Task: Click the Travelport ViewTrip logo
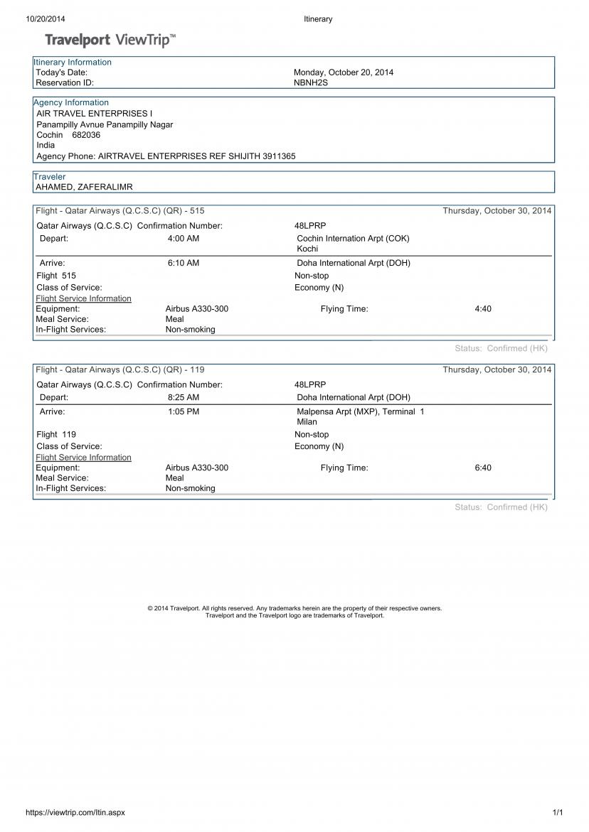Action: coord(111,40)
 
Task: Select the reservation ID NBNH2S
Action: coord(311,82)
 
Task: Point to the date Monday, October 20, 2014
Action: coord(344,72)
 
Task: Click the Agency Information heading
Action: coord(71,102)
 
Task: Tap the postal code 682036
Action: coord(86,135)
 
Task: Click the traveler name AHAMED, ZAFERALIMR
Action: coord(85,187)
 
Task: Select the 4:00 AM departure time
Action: coord(184,239)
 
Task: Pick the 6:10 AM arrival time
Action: coord(184,263)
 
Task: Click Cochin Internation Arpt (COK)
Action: coord(353,239)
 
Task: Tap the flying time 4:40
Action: coord(483,309)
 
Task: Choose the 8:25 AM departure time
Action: coord(184,397)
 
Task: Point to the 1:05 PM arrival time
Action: coord(184,411)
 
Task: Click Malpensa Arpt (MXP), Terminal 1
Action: coord(360,411)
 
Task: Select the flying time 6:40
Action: coord(483,468)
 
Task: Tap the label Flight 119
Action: coord(56,434)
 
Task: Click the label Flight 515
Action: coord(56,276)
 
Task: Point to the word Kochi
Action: coord(307,249)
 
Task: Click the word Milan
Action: coord(307,422)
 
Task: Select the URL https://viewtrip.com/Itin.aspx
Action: coord(75,813)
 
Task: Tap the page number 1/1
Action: coord(558,813)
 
